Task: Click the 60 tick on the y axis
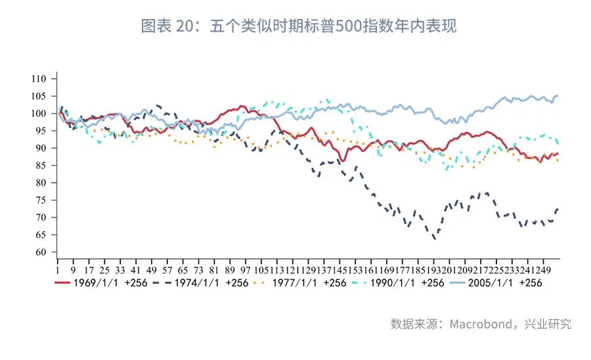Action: (42, 252)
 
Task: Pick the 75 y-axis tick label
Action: (42, 200)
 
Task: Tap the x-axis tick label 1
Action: (58, 269)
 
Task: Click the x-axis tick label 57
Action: (167, 269)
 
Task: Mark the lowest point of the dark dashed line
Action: (435, 239)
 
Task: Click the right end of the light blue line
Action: (558, 96)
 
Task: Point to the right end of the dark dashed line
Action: (558, 209)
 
